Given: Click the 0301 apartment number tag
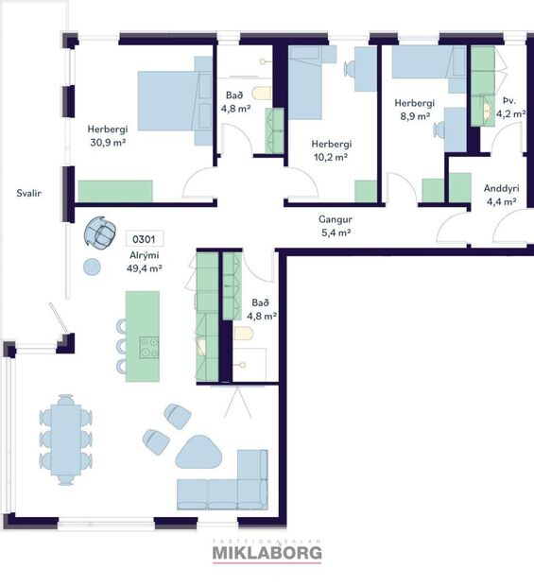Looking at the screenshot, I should point(140,239).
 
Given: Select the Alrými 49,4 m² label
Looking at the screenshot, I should point(145,262).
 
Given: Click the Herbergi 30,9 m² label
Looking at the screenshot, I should point(107,135).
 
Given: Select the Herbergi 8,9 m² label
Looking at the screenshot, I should point(413,110).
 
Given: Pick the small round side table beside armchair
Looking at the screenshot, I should point(92,267).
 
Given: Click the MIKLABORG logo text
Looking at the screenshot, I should point(267,552).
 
